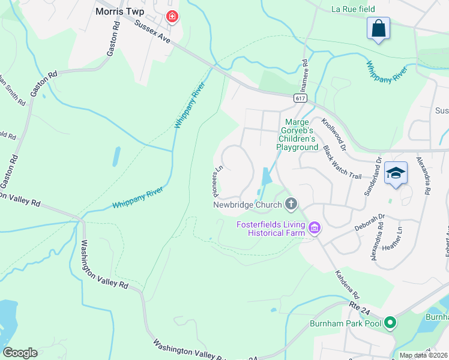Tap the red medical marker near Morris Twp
point(172,17)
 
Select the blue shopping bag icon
point(378,28)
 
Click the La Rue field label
point(353,9)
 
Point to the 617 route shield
point(301,98)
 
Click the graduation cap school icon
point(396,173)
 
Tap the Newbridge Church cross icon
point(291,205)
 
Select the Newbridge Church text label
point(247,205)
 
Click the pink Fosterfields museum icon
point(314,227)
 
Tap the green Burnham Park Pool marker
point(390,323)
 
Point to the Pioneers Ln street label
point(215,181)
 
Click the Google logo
point(20,353)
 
